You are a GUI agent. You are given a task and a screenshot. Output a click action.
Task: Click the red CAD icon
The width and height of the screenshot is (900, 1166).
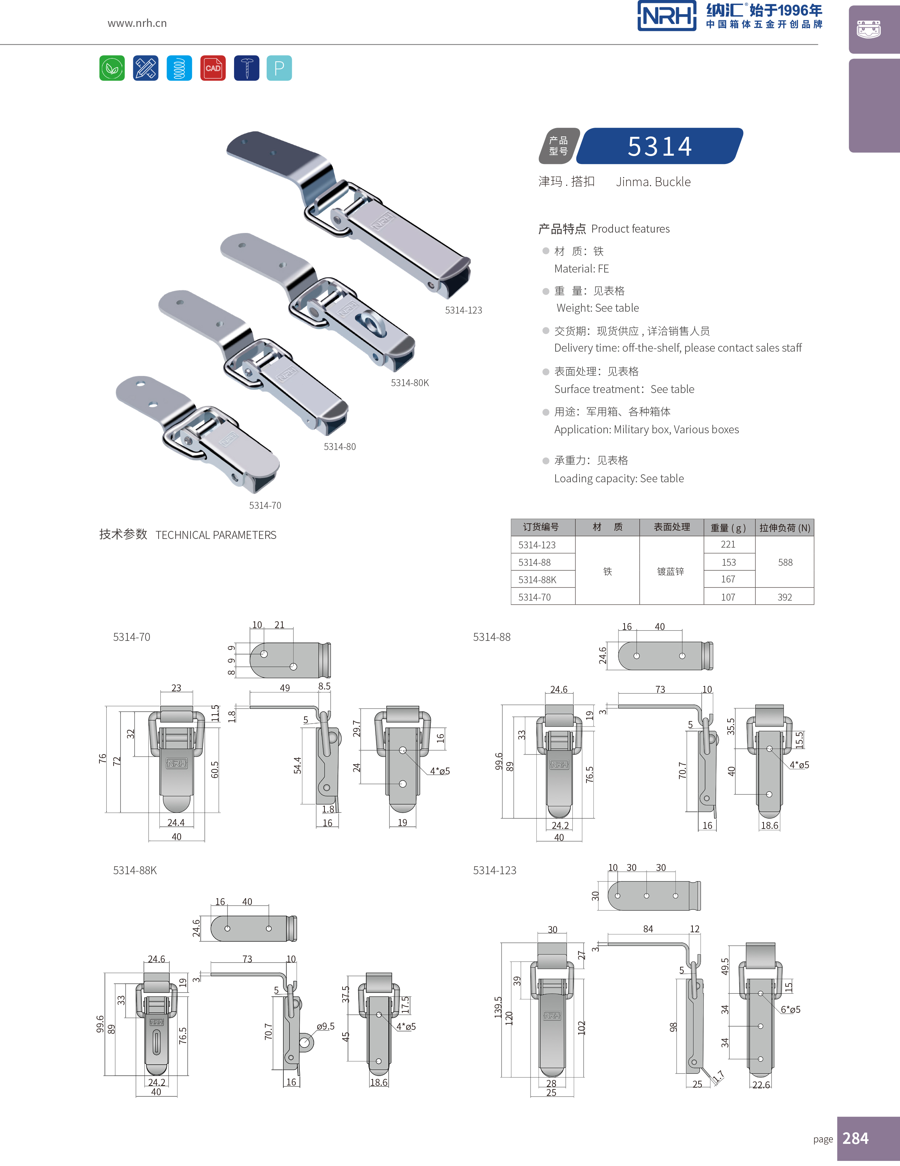[x=212, y=68]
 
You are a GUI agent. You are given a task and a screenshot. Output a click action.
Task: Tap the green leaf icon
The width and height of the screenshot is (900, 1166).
[x=112, y=68]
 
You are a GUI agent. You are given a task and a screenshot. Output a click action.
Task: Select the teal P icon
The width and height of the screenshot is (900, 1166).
[x=279, y=68]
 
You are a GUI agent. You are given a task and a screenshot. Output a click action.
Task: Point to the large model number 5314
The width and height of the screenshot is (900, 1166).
[x=660, y=146]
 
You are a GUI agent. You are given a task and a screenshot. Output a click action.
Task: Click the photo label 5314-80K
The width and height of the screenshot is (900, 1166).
[x=409, y=383]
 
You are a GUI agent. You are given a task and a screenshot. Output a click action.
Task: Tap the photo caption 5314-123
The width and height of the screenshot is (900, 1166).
[x=463, y=310]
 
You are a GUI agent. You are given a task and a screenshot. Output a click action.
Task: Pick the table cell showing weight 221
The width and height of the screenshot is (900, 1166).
[x=728, y=545]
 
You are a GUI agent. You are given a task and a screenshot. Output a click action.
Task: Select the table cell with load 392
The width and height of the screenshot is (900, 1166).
[x=785, y=597]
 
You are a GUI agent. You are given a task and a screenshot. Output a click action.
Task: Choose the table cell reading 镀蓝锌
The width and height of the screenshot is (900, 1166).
[x=670, y=571]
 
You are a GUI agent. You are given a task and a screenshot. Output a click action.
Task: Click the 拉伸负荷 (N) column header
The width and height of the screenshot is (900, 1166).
[x=785, y=528]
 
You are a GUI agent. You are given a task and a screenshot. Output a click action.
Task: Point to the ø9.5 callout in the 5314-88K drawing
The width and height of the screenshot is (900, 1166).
[x=325, y=1026]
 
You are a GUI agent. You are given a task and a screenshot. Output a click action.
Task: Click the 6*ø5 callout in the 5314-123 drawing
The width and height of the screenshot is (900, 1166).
[x=790, y=1010]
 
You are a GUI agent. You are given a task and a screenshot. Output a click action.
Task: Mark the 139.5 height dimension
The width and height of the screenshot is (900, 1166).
[x=498, y=1007]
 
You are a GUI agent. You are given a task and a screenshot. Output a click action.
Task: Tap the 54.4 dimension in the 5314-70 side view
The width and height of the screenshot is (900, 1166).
[x=297, y=765]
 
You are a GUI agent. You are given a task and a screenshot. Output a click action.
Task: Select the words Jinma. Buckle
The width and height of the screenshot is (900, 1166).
[x=653, y=182]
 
